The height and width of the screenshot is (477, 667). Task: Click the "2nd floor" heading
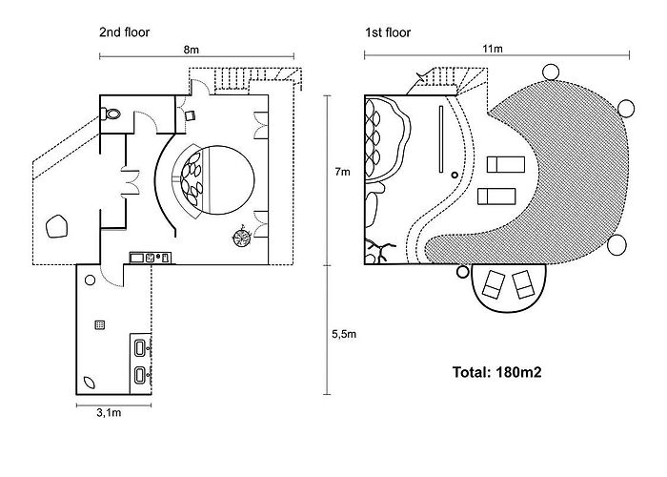(124, 32)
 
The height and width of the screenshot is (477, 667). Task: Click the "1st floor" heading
(388, 32)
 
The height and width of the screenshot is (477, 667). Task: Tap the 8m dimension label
(192, 50)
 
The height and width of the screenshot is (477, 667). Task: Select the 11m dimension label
(493, 49)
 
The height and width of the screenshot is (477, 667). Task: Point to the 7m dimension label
(342, 172)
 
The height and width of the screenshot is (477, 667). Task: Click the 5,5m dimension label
(344, 334)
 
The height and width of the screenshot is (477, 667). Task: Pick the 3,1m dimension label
(109, 413)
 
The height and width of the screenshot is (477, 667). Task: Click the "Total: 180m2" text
(496, 372)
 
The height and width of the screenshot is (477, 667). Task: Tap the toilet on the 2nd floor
(111, 114)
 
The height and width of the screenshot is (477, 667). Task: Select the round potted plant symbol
(242, 238)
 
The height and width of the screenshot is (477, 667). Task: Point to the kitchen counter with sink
(151, 258)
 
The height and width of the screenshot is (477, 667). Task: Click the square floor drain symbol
(99, 325)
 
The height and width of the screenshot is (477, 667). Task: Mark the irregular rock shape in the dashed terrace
(56, 227)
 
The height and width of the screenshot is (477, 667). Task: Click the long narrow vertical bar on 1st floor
(441, 139)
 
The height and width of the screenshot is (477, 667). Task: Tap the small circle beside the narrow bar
(455, 175)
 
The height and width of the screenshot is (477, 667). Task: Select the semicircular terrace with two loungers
(509, 288)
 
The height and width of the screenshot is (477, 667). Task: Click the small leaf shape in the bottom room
(90, 382)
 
